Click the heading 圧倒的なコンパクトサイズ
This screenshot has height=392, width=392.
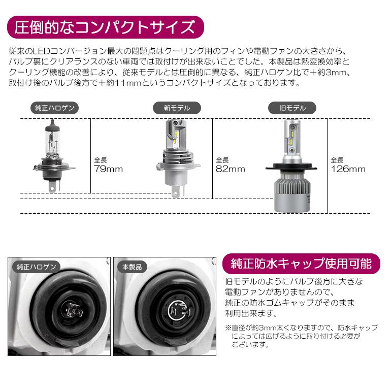point(105,26)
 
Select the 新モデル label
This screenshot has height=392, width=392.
point(177,108)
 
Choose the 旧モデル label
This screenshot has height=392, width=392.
point(292,108)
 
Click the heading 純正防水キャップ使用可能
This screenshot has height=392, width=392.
point(301,264)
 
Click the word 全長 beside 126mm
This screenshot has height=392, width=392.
point(337,159)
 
